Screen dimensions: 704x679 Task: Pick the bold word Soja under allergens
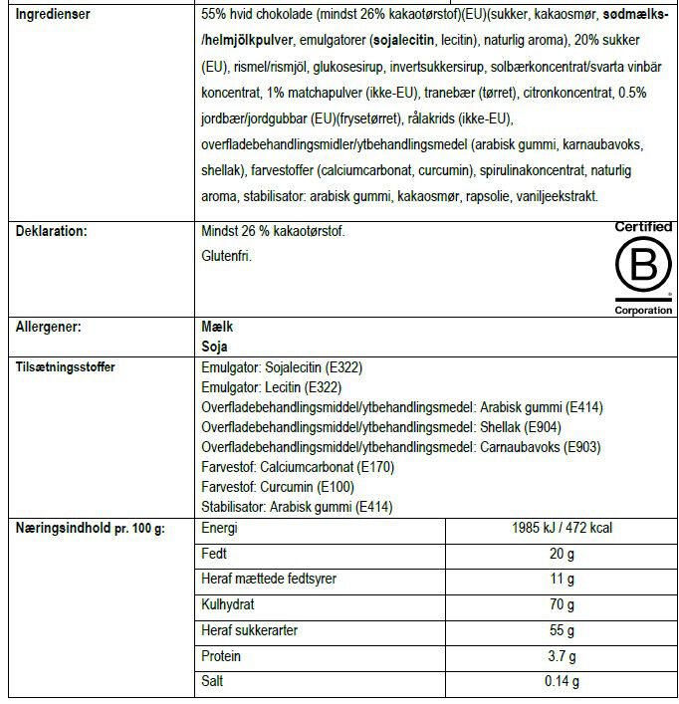coord(214,348)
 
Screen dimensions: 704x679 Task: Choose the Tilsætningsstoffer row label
coord(65,367)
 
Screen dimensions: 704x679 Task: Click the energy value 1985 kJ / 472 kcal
coord(562,528)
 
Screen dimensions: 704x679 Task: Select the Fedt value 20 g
coord(562,554)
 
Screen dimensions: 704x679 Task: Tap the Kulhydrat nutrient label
coord(228,604)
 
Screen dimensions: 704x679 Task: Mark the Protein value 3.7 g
coord(562,656)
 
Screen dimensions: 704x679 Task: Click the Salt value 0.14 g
coord(562,682)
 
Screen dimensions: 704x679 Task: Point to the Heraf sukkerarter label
coord(249,630)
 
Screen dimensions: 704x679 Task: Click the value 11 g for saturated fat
coord(562,580)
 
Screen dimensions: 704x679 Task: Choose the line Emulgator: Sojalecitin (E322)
coord(282,367)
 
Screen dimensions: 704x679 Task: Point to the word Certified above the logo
coord(643,227)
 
